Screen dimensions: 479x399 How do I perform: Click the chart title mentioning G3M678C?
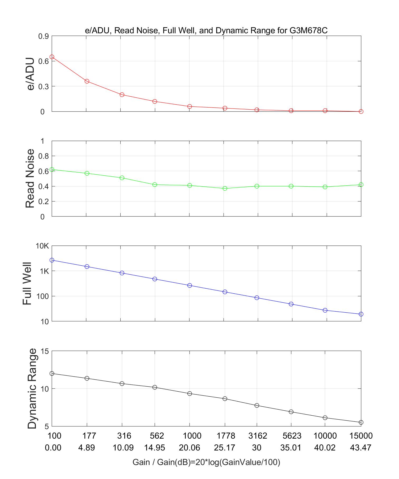point(206,31)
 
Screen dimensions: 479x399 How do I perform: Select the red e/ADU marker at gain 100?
point(52,57)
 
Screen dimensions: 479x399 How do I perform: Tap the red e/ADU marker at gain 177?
point(87,81)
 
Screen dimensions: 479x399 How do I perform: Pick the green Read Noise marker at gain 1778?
point(225,188)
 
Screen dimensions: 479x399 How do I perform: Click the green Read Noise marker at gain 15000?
point(361,185)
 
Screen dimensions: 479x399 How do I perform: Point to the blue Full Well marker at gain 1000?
point(189,285)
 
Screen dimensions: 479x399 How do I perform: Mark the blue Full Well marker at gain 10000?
point(325,310)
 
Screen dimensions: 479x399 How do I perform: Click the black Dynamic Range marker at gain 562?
point(155,387)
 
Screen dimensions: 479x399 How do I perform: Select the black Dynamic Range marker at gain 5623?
point(291,412)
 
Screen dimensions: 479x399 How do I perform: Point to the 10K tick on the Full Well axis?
point(42,246)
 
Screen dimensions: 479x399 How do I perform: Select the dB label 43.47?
point(360,448)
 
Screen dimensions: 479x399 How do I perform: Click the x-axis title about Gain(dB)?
point(206,462)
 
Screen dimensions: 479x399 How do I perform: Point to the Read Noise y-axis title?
point(30,179)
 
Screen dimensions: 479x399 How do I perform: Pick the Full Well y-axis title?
point(27,284)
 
